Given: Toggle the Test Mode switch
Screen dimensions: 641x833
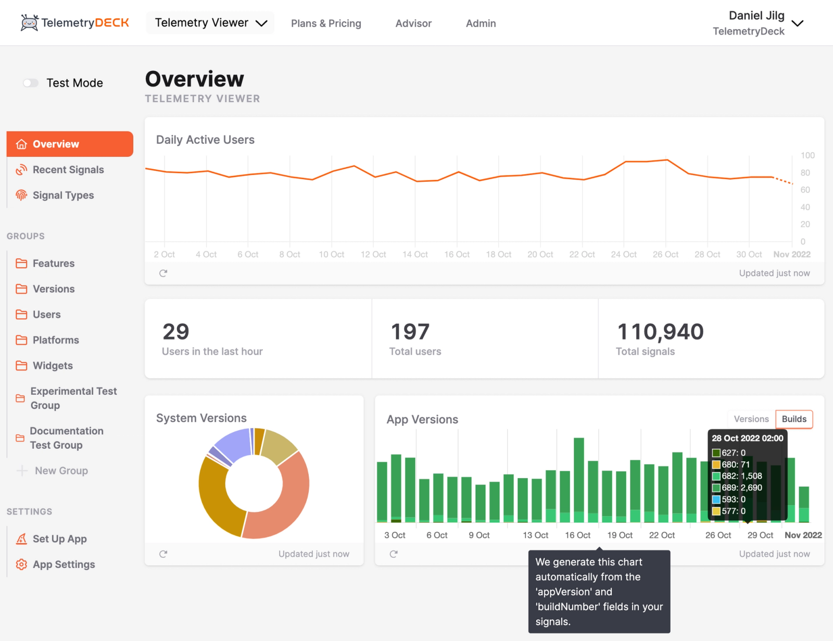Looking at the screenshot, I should (31, 83).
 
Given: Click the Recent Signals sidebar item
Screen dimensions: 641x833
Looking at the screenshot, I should (68, 170).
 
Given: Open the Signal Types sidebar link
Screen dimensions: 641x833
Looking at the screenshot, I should (63, 195).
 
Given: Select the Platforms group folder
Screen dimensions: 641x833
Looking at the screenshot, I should (55, 340).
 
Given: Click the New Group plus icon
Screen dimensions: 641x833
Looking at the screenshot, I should (22, 471).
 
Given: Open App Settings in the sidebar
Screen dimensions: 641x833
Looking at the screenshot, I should (64, 564).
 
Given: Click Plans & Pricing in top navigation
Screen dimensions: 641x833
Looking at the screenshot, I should (326, 23).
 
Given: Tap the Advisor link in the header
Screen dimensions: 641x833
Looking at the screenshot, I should (413, 23).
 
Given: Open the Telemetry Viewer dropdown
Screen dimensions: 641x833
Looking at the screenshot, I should (210, 23).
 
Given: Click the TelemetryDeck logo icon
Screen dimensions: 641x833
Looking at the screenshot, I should (29, 23).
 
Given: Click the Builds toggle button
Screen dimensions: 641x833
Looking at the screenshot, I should (794, 419).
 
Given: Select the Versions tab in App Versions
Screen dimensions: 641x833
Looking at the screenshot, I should (751, 419).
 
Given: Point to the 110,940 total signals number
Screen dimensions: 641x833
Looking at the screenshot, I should (660, 332).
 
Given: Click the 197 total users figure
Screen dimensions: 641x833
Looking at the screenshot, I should (410, 332).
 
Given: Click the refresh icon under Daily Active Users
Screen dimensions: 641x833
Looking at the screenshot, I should (163, 273).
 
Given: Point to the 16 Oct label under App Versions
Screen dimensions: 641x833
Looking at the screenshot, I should (577, 535).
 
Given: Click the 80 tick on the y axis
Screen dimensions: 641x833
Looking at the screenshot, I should (805, 173).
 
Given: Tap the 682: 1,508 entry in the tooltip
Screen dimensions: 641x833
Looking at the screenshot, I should (741, 476).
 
